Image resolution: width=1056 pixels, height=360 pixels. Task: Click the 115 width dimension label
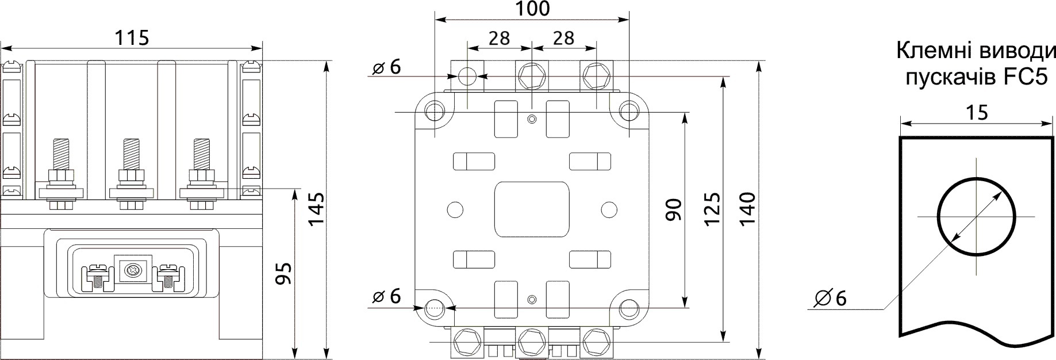click(x=132, y=38)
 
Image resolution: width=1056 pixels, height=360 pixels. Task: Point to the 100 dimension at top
click(x=531, y=9)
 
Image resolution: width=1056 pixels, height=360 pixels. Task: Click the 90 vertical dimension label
click(x=673, y=209)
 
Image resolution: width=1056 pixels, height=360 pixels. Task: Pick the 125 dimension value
click(x=712, y=209)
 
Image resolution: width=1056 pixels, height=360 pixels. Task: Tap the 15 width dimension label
click(x=977, y=112)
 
